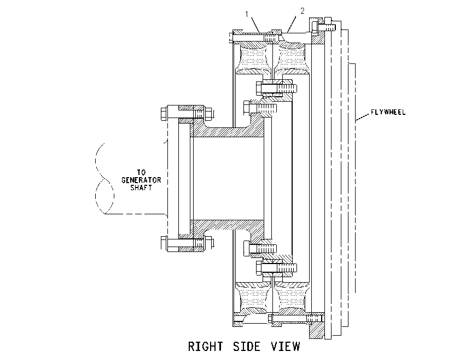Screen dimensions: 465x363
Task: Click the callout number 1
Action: pos(246,14)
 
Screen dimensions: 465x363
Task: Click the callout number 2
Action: pos(302,11)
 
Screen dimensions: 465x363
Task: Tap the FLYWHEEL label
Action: pos(388,112)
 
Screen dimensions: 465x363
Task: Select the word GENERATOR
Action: pos(142,180)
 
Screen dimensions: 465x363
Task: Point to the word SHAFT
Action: pos(141,188)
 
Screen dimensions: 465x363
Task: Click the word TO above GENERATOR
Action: pos(142,172)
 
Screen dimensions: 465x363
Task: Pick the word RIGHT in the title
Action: pos(205,347)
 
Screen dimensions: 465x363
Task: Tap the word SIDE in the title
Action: pos(247,347)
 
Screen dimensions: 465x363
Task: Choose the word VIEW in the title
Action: pos(285,347)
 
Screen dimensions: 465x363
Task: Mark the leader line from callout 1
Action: pos(255,25)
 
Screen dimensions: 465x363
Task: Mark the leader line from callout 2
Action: pos(292,24)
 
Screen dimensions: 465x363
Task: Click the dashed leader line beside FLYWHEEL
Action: pos(363,117)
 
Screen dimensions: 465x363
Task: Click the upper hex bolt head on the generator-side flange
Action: pos(164,114)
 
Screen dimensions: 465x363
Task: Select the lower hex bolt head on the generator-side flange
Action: pos(164,243)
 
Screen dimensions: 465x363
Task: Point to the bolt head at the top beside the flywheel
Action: pos(328,25)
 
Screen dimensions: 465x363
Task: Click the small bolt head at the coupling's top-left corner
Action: pos(231,38)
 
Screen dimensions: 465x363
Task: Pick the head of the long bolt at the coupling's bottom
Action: pos(270,319)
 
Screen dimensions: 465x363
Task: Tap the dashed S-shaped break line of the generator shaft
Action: pos(104,178)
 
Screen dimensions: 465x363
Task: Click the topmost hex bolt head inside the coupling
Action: pos(259,89)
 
